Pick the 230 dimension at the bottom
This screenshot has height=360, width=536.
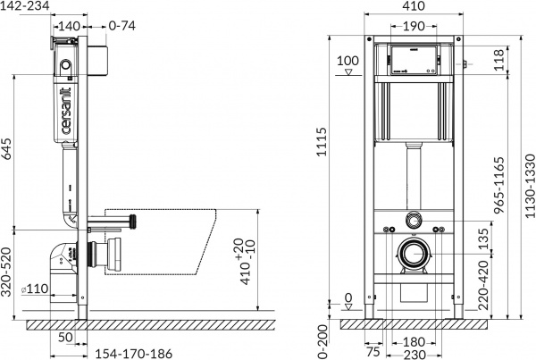[x=414, y=352]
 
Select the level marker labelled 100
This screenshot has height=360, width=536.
[x=348, y=62]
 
